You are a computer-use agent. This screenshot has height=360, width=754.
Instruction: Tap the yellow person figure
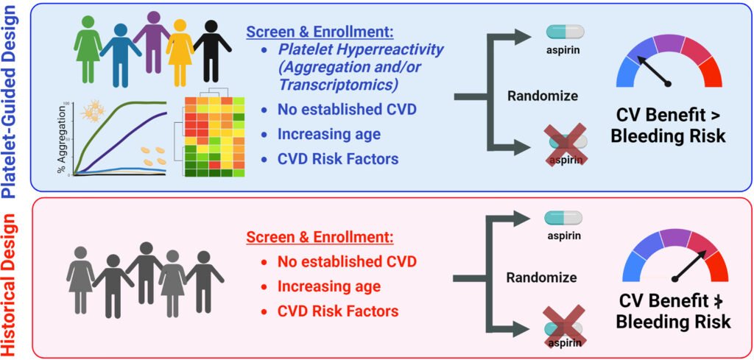tap(180, 48)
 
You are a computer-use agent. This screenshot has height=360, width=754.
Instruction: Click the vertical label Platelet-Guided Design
tap(11, 99)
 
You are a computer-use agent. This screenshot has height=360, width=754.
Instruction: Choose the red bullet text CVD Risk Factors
tap(338, 311)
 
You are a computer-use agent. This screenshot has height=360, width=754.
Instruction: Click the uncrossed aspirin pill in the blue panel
tap(565, 32)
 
